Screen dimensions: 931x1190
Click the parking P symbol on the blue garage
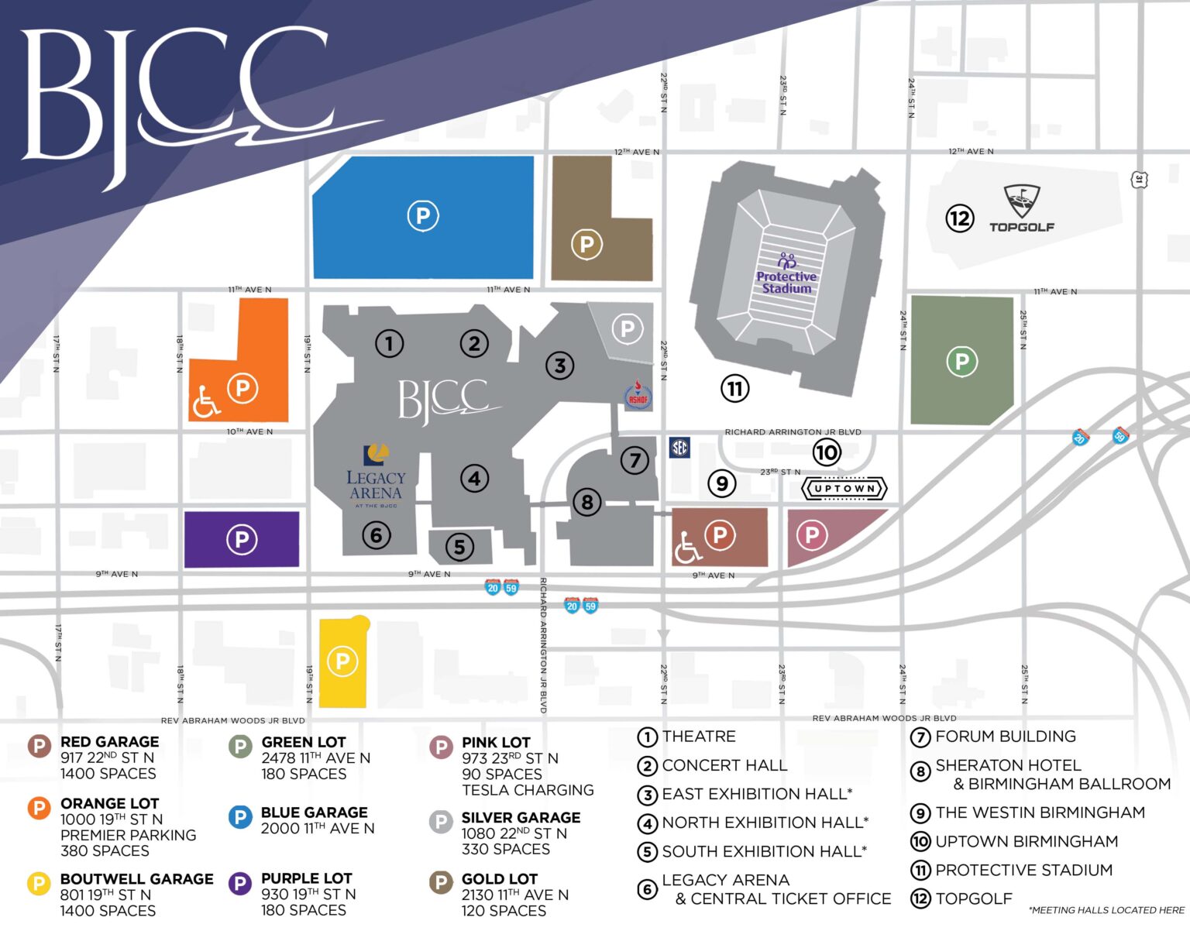[x=423, y=215]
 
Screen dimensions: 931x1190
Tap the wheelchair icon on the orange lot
[x=206, y=401]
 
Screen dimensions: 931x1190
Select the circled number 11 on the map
[x=734, y=388]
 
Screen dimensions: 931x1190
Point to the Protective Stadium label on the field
[x=786, y=282]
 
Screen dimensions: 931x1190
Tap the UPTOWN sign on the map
[x=844, y=489]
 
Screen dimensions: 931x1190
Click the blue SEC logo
[x=679, y=447]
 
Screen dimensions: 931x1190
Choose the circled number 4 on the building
[x=474, y=479]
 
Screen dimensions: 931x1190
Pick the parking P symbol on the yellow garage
[x=342, y=661]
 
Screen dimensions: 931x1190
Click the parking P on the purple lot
[x=241, y=539]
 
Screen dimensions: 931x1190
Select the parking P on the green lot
[x=961, y=361]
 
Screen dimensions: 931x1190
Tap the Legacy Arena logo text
[x=376, y=486]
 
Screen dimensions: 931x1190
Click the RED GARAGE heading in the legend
[x=109, y=742]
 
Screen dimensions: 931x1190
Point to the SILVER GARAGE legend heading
[x=521, y=817]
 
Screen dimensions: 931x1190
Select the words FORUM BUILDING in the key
[x=1005, y=737]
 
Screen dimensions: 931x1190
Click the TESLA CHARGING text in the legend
[x=528, y=790]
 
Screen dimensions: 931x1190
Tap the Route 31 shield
[x=1139, y=180]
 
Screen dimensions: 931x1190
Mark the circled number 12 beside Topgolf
[x=959, y=218]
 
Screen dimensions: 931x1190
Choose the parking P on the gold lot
[x=586, y=245]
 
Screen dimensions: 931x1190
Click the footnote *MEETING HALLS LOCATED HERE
[x=1106, y=910]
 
